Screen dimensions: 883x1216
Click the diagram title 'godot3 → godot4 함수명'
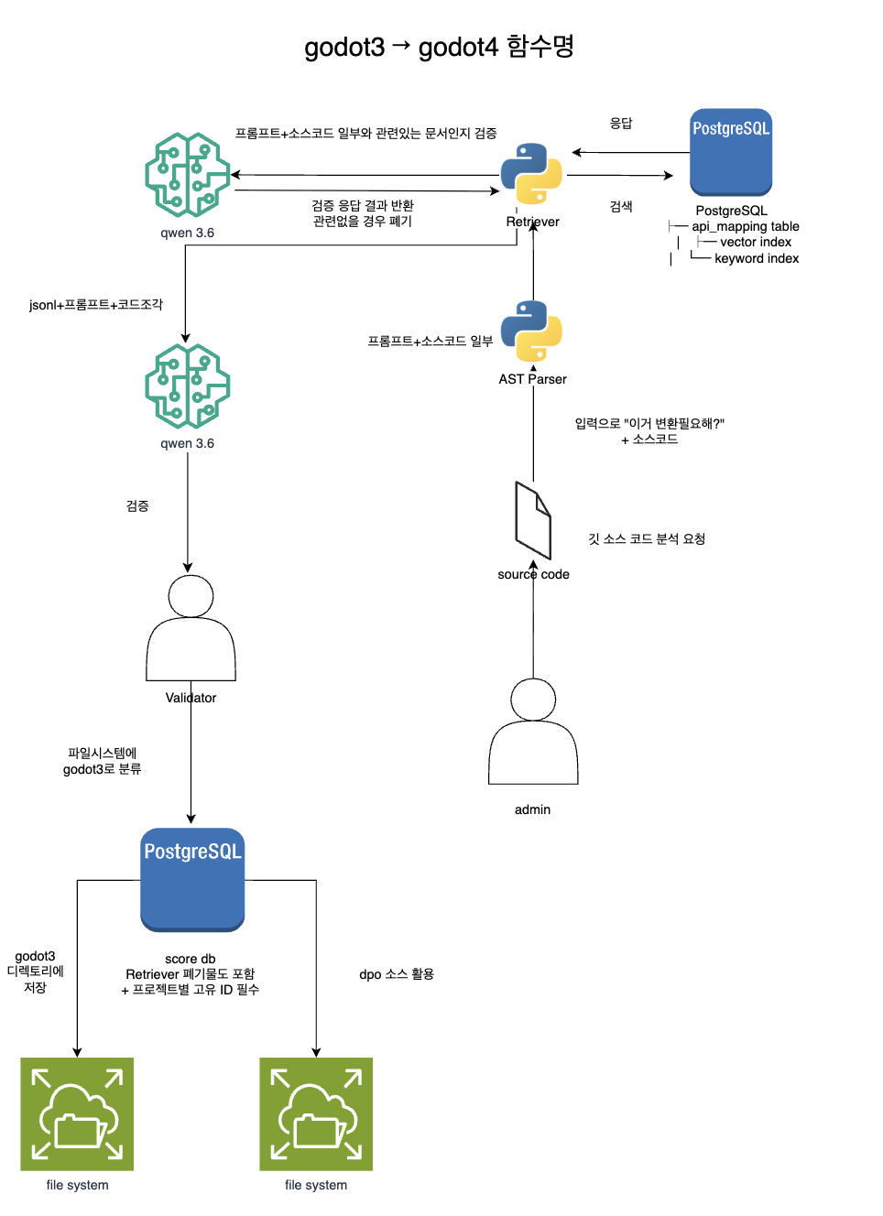[x=439, y=47]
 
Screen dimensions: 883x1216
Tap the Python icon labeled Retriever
[x=531, y=173]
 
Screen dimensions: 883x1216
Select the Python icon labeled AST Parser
[x=531, y=331]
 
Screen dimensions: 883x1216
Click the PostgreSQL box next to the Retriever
[x=730, y=152]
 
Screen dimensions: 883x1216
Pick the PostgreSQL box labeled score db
[x=192, y=879]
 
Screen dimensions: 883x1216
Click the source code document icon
[x=533, y=520]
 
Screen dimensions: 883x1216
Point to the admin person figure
[x=533, y=731]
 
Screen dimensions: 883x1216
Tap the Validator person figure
[x=191, y=627]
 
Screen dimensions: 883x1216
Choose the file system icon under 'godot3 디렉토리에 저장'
[x=77, y=1113]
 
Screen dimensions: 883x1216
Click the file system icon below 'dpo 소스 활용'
[x=316, y=1113]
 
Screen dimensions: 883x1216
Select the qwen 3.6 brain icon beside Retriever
[x=188, y=175]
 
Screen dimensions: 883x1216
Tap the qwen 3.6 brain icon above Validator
[x=188, y=386]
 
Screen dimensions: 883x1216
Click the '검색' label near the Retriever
[x=621, y=206]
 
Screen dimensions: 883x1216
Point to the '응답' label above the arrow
[x=621, y=124]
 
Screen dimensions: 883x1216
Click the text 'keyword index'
[x=757, y=258]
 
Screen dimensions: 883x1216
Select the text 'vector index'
[x=756, y=242]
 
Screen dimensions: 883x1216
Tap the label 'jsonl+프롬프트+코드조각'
[x=96, y=305]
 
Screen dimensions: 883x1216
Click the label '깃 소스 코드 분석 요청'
[x=647, y=538]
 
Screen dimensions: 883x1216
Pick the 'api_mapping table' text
[x=745, y=226]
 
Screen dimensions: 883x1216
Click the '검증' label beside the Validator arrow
[x=137, y=506]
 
